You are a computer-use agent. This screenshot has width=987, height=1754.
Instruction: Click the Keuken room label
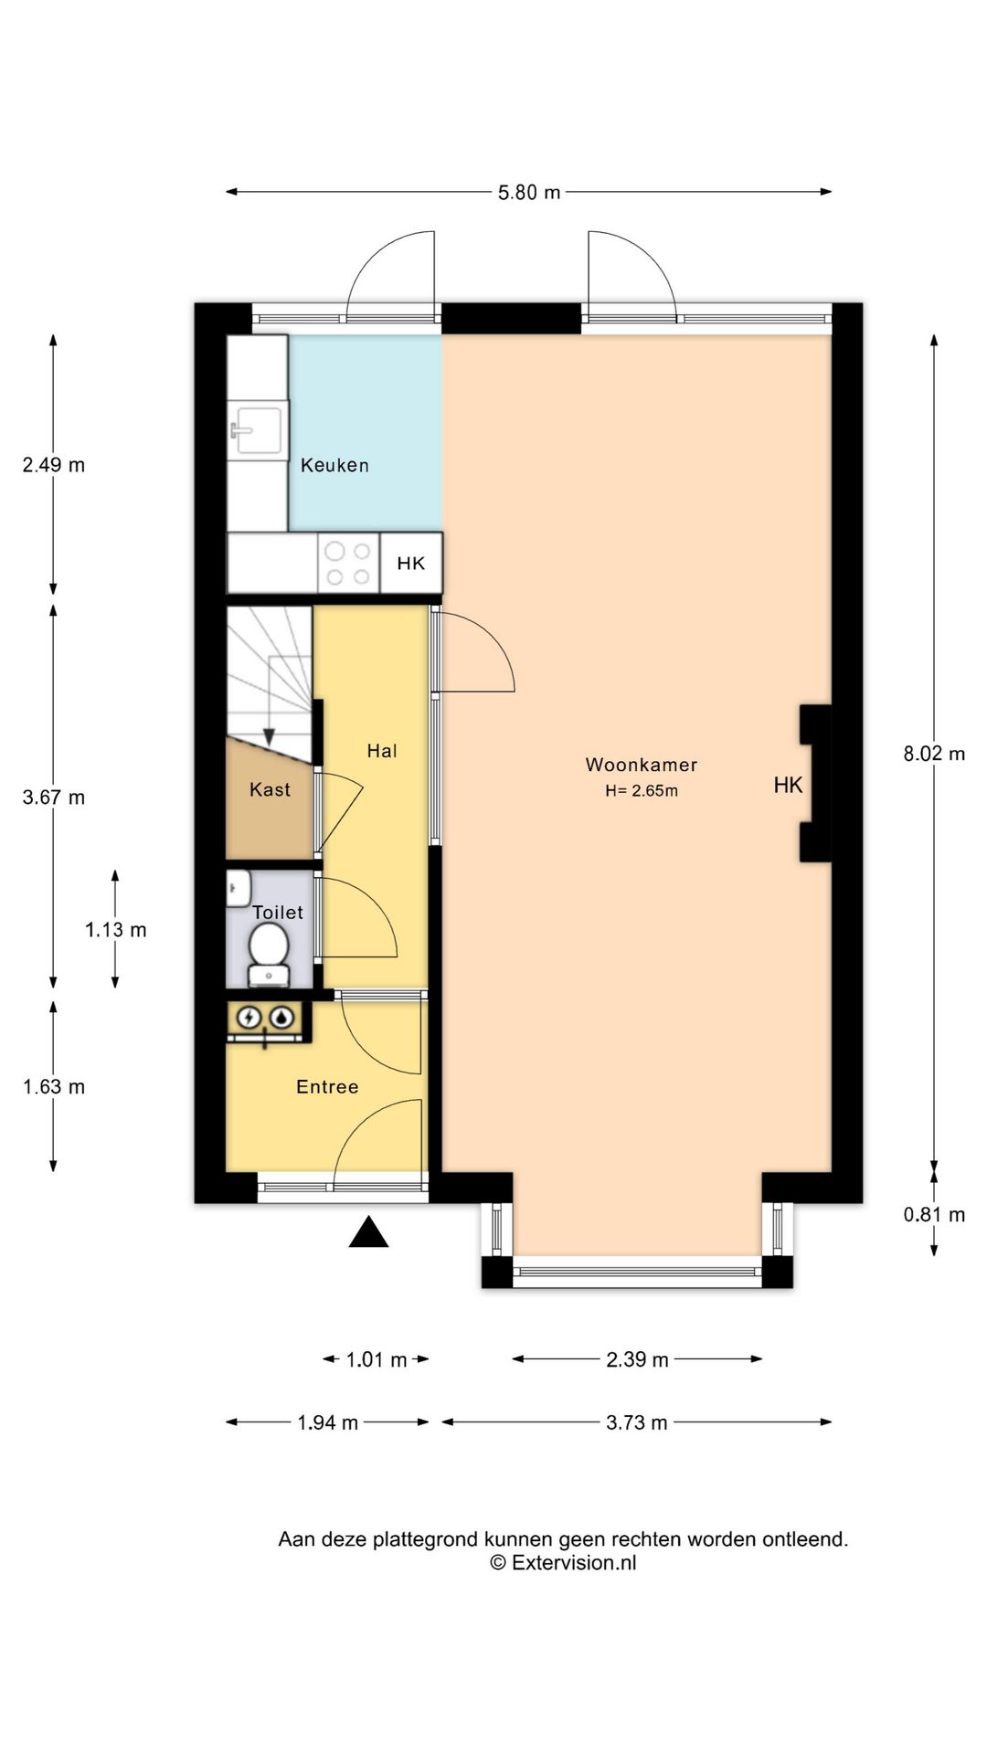pos(334,465)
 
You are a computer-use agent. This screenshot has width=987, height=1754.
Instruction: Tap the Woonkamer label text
pos(642,765)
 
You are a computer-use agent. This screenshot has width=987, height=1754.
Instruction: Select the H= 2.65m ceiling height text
pos(642,791)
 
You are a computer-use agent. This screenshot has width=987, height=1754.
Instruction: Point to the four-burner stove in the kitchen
pos(348,564)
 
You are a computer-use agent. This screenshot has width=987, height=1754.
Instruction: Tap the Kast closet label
pos(270,789)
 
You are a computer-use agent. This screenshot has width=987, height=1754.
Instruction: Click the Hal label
pos(382,751)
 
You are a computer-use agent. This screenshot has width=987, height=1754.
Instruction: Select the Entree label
pos(327,1086)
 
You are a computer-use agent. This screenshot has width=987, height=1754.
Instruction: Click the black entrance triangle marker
pos(368,1233)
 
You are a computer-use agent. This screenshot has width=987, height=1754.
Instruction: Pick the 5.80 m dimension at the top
pos(529,193)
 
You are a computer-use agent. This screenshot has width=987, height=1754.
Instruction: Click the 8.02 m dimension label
pos(934,754)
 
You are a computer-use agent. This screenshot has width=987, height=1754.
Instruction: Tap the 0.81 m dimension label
pos(934,1214)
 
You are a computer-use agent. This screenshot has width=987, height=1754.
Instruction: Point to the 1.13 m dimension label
pos(116,930)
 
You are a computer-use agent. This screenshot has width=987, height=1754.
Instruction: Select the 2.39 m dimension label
pos(638,1359)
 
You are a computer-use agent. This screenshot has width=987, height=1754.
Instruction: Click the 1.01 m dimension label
pos(377,1359)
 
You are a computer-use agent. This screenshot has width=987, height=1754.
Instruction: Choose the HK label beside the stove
pos(411,564)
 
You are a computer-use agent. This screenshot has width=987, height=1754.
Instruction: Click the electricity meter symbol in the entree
pos(249,1017)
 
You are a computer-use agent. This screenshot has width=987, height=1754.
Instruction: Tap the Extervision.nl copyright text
pos(563,1562)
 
